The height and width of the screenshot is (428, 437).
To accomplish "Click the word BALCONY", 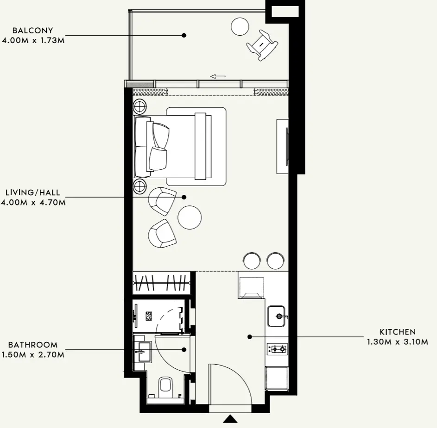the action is [x=32, y=31].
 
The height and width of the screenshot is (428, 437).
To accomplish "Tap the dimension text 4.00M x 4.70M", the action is [x=33, y=202].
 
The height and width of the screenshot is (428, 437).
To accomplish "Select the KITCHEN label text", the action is [x=398, y=332].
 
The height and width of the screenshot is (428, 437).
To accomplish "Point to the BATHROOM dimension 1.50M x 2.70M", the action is [x=33, y=355].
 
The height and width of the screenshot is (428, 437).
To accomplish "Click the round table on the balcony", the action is [x=240, y=26].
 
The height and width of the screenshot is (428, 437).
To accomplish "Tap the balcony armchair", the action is [x=262, y=45].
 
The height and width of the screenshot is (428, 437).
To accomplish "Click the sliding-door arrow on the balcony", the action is [x=218, y=76].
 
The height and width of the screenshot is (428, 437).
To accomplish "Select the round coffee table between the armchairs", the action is [x=190, y=217].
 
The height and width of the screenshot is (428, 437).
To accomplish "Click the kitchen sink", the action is [x=277, y=316].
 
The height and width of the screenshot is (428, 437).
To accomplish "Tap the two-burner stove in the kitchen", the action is [x=277, y=349].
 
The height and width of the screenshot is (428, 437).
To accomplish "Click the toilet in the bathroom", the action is [x=165, y=387].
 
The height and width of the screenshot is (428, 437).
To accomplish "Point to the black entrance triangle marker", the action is [x=230, y=419].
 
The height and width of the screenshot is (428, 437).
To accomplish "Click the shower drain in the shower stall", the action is [x=149, y=316].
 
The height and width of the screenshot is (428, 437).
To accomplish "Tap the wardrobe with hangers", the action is [x=161, y=283].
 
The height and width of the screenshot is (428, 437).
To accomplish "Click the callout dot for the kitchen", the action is [x=250, y=337].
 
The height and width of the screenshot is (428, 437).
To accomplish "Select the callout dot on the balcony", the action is [x=184, y=35].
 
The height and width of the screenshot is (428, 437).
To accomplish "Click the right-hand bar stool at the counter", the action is [x=275, y=261].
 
